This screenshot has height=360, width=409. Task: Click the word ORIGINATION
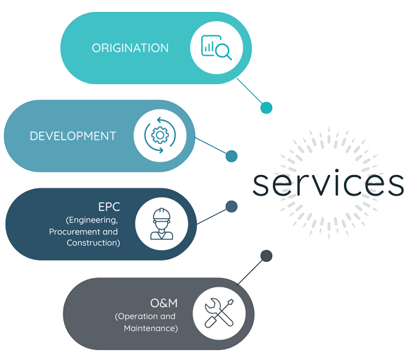130,48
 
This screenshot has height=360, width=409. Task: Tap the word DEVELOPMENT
73,136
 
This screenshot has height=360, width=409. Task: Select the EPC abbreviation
109,207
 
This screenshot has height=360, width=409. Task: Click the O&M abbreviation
164,303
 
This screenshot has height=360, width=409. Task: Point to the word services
328,183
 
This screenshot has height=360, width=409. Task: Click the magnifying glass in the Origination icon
224,52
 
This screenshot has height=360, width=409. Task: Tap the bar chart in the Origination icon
209,47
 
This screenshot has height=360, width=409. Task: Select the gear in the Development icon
160,135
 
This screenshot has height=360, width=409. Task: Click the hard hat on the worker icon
161,215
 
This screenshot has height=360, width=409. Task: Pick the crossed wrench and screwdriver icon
219,313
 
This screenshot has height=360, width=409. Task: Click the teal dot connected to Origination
267,107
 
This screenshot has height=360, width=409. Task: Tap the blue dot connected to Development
231,156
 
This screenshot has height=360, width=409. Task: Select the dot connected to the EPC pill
231,207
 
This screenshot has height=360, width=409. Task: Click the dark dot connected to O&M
267,256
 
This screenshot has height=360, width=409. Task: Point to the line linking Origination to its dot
250,91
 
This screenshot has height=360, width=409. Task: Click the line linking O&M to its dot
250,272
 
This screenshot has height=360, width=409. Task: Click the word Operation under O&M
136,317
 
